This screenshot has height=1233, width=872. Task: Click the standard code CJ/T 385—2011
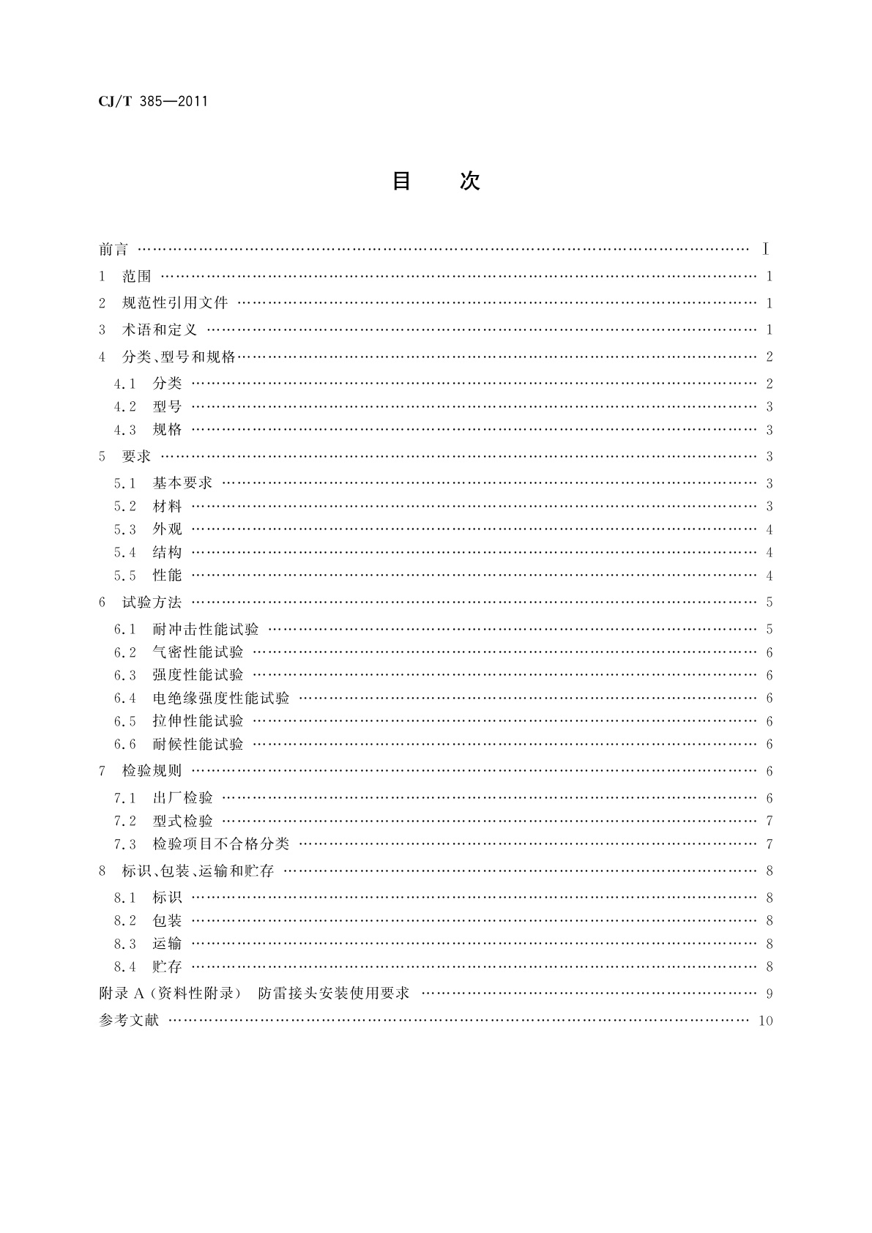[x=153, y=102]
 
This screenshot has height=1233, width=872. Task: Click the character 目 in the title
[x=402, y=181]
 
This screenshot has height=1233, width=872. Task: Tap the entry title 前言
[x=113, y=250]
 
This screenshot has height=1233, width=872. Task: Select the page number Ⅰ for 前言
[x=766, y=250]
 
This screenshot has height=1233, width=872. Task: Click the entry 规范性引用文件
[x=175, y=303]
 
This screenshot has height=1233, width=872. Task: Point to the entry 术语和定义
[x=160, y=330]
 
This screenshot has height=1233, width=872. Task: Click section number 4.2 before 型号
[x=125, y=407]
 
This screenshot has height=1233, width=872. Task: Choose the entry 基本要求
[x=182, y=483]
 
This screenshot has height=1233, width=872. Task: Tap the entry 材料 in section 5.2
[x=167, y=507]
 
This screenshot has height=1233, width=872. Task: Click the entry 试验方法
[x=152, y=603]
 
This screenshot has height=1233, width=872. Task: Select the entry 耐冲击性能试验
[x=206, y=630]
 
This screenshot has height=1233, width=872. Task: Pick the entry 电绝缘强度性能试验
[x=221, y=699]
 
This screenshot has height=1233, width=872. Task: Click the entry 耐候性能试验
[x=198, y=745]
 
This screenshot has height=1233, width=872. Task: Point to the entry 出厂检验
[x=182, y=798]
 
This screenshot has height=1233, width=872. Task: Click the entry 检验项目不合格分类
[x=221, y=844]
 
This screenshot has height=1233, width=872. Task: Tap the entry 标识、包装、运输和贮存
[x=198, y=871]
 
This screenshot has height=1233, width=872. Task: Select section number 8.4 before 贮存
[x=125, y=967]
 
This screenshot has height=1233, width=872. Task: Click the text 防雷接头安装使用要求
[x=334, y=994]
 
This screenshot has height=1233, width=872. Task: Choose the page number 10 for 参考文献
[x=766, y=1021]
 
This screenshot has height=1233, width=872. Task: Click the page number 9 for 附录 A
[x=769, y=994]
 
